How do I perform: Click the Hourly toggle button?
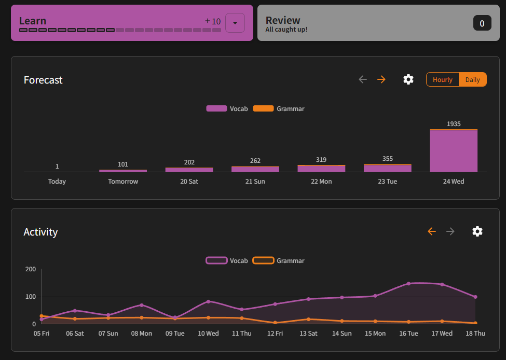(443, 79)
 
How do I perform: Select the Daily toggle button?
(472, 79)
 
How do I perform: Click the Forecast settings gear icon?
(408, 79)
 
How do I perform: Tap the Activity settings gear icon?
(477, 231)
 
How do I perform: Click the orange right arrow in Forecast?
(381, 79)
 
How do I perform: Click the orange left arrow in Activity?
(432, 231)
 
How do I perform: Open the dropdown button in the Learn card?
(235, 23)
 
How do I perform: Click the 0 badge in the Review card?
(482, 23)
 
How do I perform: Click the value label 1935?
(454, 124)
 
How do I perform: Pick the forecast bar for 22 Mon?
(321, 169)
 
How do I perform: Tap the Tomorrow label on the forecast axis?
(123, 182)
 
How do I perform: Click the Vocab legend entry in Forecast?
(227, 109)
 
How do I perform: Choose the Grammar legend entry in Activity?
(279, 260)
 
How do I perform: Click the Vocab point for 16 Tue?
(409, 283)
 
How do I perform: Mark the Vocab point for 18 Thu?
(475, 297)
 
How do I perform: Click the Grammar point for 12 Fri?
(275, 323)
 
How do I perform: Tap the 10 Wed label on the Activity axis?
(208, 334)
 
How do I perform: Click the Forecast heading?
(43, 80)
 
